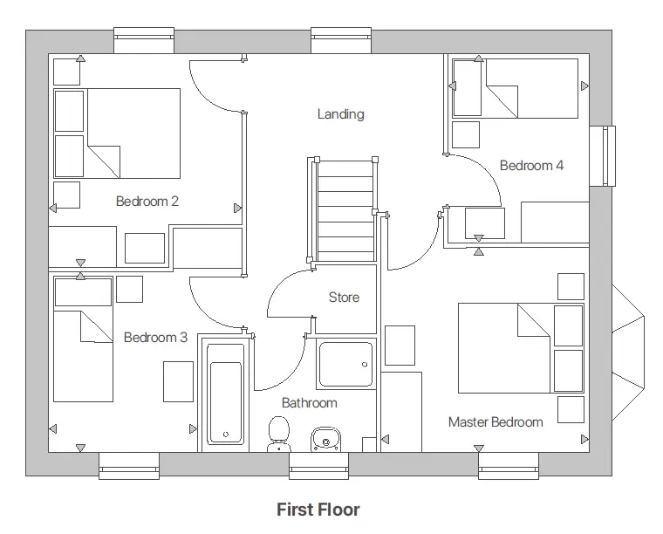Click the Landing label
click(340, 114)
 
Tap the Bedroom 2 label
click(147, 202)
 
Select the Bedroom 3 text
click(155, 338)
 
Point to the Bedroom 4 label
click(531, 165)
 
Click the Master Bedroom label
click(496, 422)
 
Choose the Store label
click(344, 298)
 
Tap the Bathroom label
click(309, 403)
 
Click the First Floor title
click(318, 510)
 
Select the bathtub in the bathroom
click(227, 393)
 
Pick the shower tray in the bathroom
click(345, 364)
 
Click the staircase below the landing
click(344, 209)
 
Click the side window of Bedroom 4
click(602, 156)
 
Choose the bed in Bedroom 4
click(516, 88)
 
